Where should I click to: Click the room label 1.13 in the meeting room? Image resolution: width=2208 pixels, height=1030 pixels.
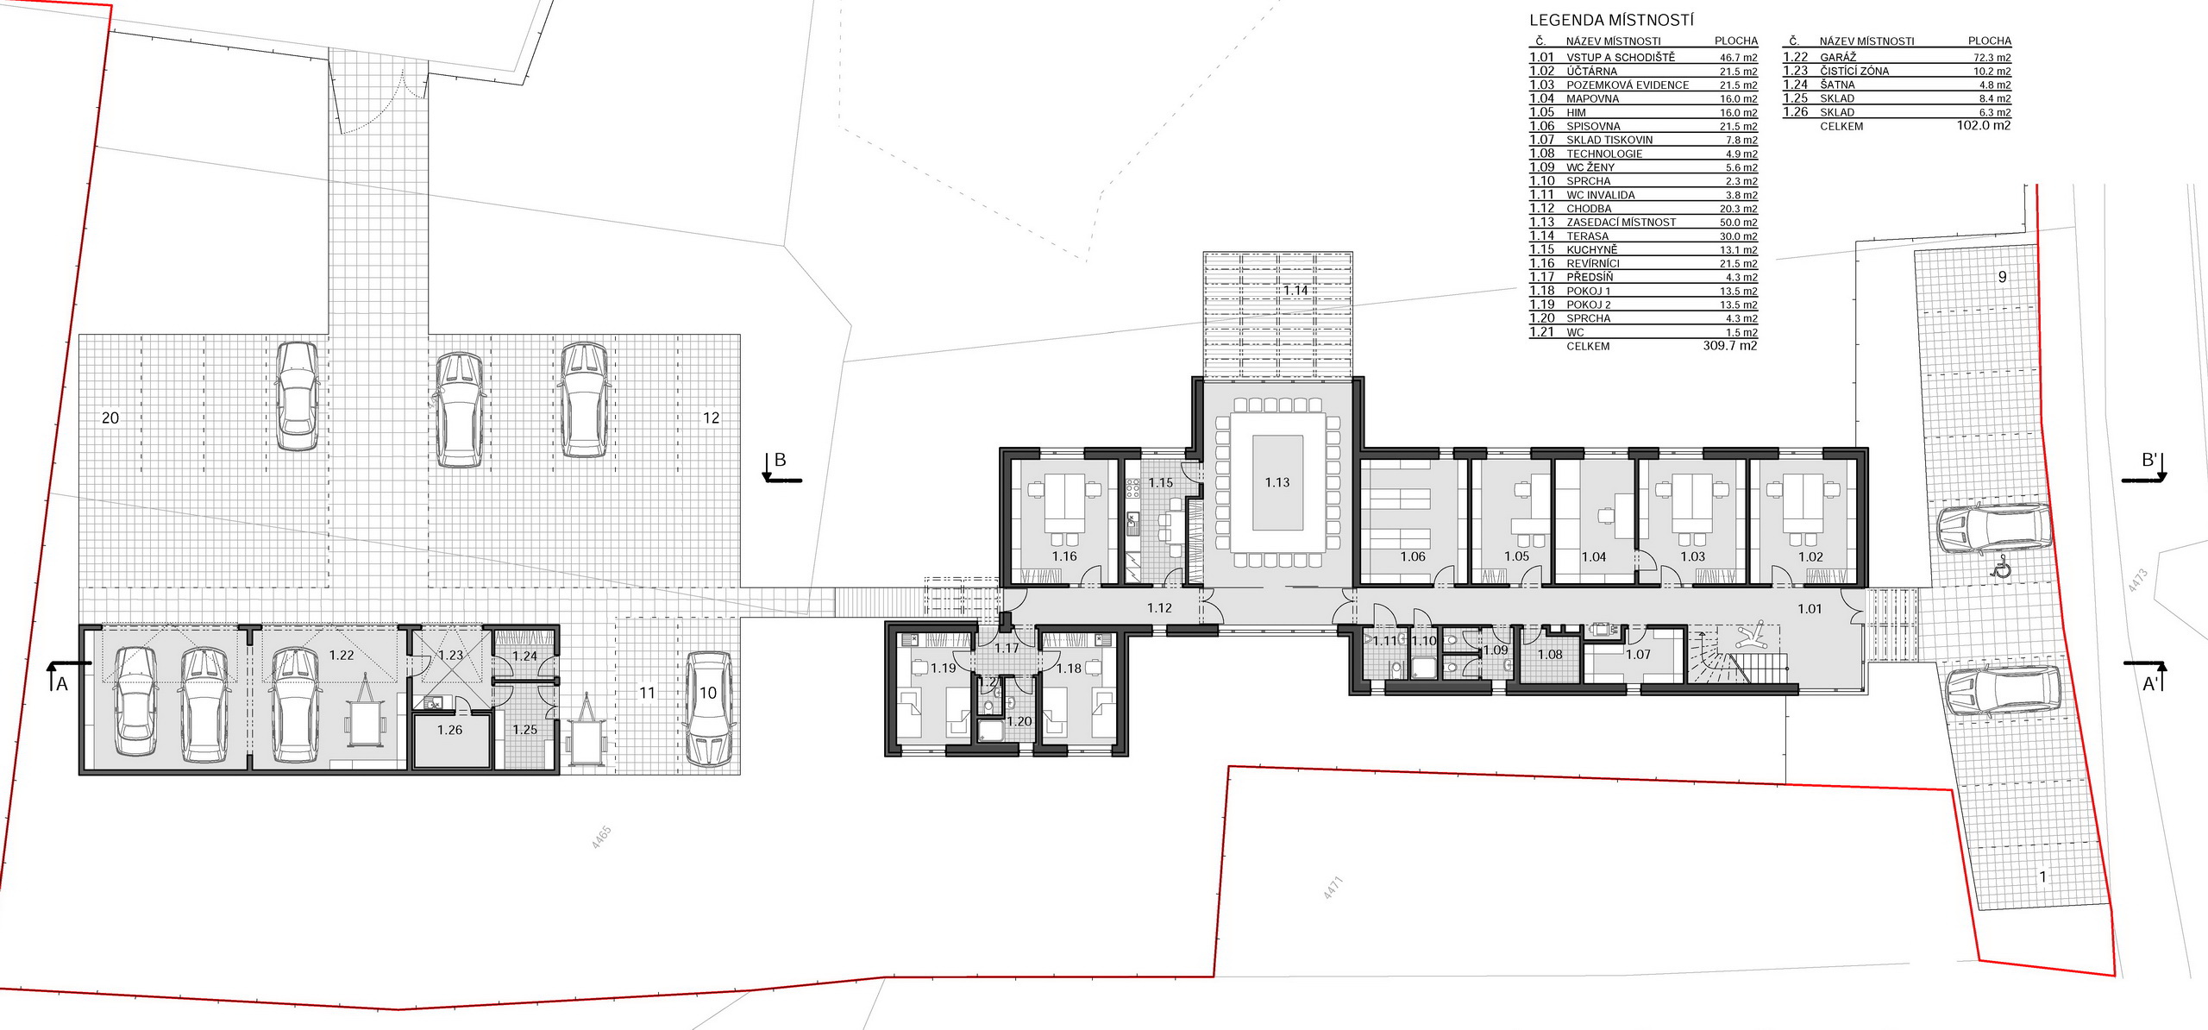1277,482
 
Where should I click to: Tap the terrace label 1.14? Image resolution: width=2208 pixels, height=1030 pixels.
1295,290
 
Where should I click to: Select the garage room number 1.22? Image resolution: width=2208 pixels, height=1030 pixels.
342,655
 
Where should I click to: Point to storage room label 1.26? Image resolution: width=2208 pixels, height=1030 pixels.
449,730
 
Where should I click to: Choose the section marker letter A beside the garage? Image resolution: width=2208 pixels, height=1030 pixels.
61,684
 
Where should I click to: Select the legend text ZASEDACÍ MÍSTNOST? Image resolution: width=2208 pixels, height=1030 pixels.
1621,223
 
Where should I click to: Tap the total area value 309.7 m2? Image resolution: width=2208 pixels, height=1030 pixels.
1730,346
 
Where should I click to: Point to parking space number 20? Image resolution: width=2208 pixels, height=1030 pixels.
110,418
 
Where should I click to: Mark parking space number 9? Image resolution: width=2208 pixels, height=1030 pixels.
2003,277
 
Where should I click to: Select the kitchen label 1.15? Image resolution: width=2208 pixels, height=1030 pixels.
1161,482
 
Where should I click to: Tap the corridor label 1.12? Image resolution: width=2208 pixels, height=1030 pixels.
1160,608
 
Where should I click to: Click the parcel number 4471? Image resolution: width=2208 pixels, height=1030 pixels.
1333,888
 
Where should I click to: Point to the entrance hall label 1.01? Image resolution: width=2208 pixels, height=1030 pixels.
1810,608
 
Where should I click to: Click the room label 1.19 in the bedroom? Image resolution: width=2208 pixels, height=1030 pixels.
944,668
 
